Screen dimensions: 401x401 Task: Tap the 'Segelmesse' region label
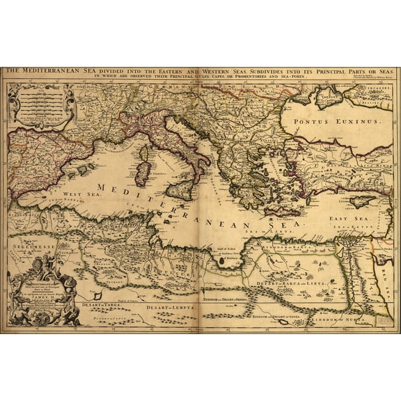[33, 246]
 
